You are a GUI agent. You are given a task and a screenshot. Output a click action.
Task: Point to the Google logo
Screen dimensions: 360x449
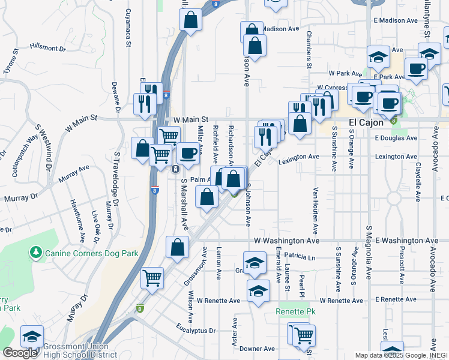click(x=20, y=353)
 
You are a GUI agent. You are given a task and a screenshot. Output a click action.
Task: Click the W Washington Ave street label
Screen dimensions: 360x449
click(x=286, y=240)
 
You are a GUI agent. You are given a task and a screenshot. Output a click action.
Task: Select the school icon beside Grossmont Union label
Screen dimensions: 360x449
click(x=32, y=338)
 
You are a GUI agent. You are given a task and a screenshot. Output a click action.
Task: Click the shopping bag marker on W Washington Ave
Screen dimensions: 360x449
click(x=178, y=247)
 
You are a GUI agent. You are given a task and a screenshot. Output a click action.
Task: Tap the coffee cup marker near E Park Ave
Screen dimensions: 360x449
click(x=415, y=69)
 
